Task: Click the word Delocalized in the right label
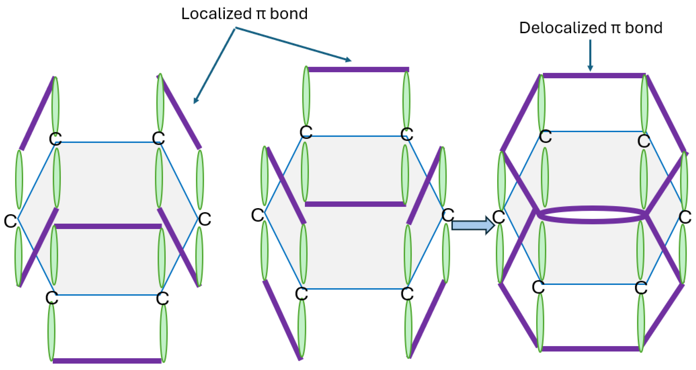[x=562, y=28]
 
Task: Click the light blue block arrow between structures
[x=473, y=225]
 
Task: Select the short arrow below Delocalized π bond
[x=590, y=55]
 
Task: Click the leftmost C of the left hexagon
[x=11, y=221]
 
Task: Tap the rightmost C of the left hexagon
[x=205, y=219]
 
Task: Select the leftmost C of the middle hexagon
[x=257, y=215]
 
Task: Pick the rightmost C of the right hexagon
[x=685, y=217]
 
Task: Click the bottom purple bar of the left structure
[x=107, y=361]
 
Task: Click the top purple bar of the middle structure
[x=358, y=69]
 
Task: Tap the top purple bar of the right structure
[x=594, y=76]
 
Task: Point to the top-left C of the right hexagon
[x=545, y=137]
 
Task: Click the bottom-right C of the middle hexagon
[x=407, y=294]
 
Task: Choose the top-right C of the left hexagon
[x=158, y=138]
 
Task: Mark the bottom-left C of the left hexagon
[x=52, y=298]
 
